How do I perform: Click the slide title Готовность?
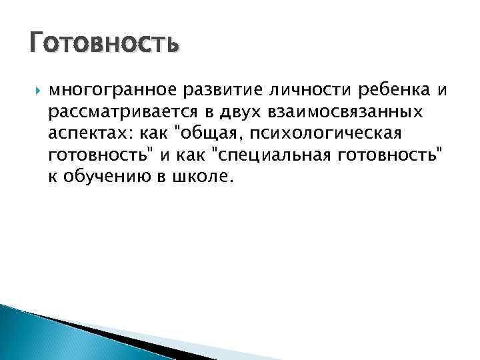pos(105,44)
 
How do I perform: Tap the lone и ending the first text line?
pos(443,90)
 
